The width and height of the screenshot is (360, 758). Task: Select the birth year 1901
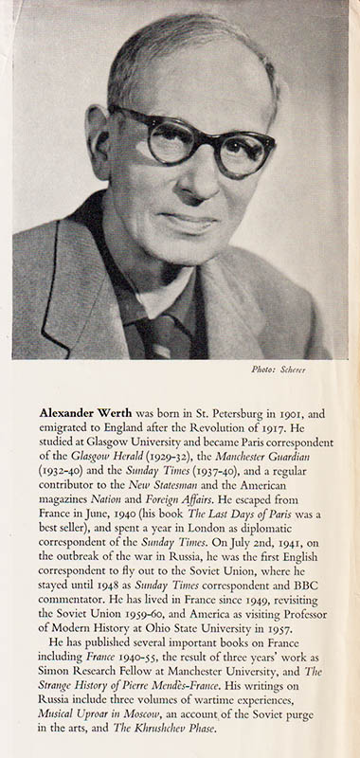(x=297, y=414)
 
